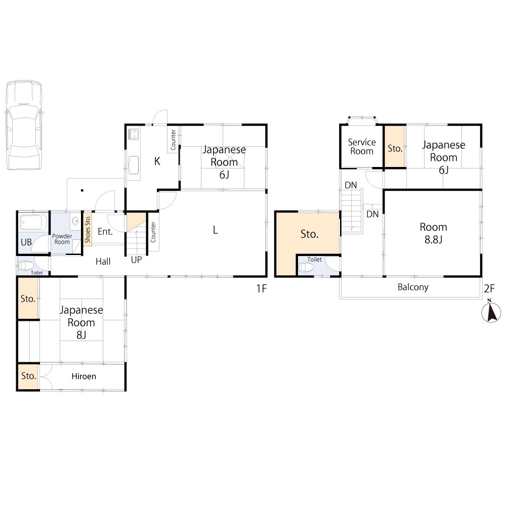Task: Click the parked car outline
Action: click(x=24, y=125)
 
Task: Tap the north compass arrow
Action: click(x=491, y=311)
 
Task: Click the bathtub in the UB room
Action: click(x=33, y=222)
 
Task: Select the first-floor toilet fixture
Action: click(x=26, y=266)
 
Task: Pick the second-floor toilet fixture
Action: click(x=306, y=267)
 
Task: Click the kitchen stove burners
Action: click(x=133, y=134)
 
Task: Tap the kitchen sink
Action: click(x=133, y=165)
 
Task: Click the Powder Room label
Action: click(x=62, y=239)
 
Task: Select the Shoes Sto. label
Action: click(x=88, y=229)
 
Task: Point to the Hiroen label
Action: click(x=83, y=376)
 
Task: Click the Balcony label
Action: click(x=413, y=287)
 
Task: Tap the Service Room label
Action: click(x=362, y=147)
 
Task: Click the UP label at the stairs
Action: click(x=136, y=260)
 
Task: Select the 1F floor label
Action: click(x=262, y=288)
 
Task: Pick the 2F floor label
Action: click(x=489, y=288)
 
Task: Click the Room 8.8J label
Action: click(x=434, y=233)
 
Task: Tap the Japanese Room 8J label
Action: click(x=81, y=322)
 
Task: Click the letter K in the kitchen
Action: click(x=157, y=161)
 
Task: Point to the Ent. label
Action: click(x=105, y=231)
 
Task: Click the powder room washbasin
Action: click(x=76, y=222)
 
